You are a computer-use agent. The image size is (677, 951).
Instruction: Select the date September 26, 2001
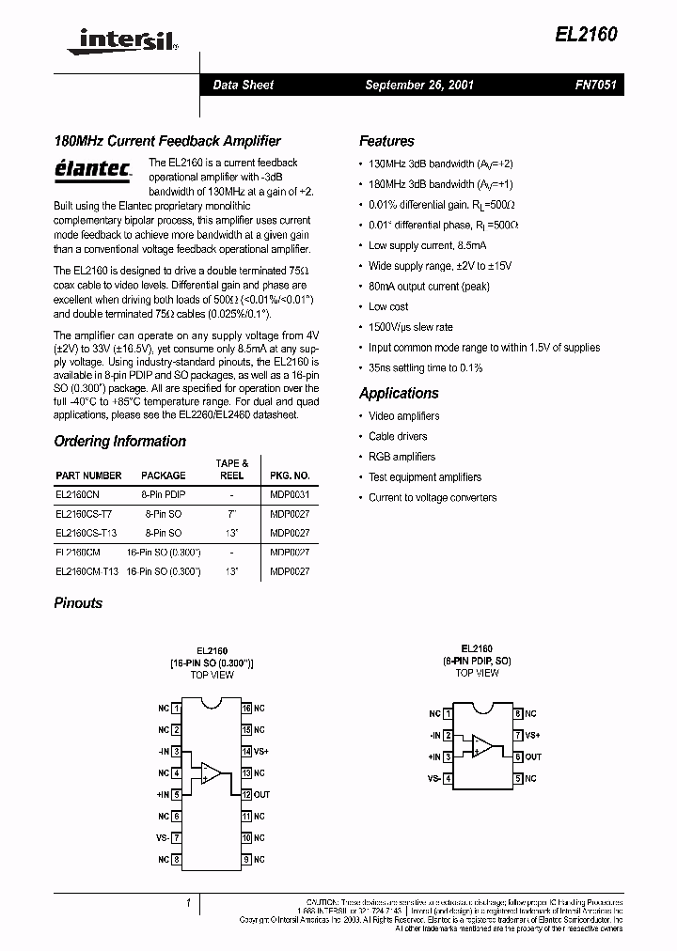418,85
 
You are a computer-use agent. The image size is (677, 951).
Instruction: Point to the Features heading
386,141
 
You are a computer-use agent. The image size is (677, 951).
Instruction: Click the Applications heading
399,393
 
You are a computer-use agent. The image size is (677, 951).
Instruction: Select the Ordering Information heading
119,441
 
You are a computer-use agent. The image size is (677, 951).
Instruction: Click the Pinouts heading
78,602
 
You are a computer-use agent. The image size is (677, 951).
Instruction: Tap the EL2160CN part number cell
77,493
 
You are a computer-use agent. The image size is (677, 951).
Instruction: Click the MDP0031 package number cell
290,493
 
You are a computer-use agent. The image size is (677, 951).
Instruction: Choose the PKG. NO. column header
290,475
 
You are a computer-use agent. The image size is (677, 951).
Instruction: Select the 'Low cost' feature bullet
388,306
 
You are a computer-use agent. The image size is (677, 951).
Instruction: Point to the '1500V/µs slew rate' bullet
410,327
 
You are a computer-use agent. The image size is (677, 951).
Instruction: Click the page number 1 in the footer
188,902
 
